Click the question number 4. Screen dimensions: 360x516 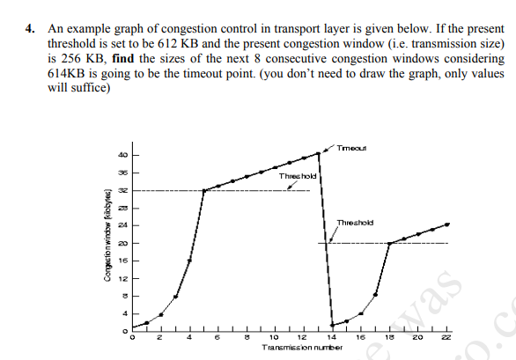(29, 29)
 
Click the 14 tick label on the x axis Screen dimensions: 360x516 (329, 337)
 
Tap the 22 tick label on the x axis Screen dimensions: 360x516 (446, 337)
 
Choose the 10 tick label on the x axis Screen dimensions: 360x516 (274, 337)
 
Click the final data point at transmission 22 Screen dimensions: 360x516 (446, 224)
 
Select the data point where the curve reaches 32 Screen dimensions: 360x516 (203, 190)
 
